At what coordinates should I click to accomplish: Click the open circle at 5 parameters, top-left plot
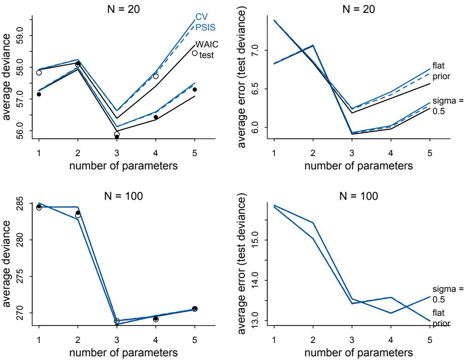point(195,53)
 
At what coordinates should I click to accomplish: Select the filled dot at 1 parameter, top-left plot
point(39,94)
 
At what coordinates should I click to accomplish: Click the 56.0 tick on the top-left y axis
point(18,131)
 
